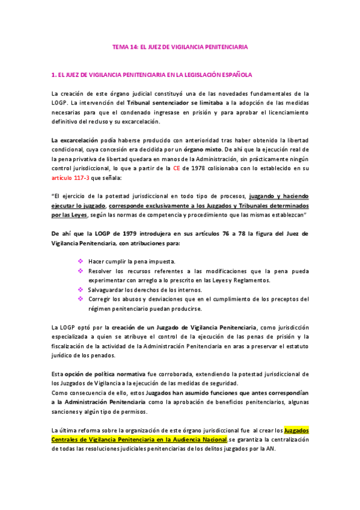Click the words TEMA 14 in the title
click(125, 47)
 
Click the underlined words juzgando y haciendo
click(279, 196)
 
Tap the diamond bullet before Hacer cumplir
click(81, 262)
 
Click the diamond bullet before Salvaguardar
click(81, 290)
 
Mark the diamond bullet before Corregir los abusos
click(81, 299)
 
